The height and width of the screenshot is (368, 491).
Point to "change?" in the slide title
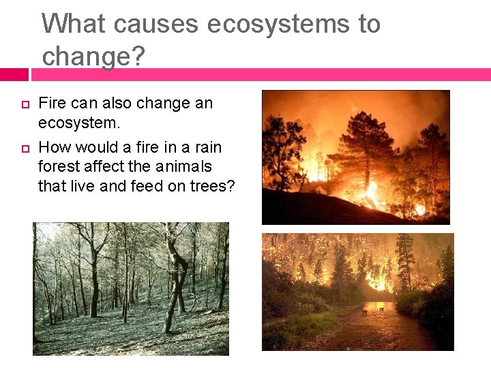coord(93,56)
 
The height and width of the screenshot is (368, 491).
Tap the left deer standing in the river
coord(363,311)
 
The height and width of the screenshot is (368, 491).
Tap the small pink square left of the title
coord(14,74)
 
